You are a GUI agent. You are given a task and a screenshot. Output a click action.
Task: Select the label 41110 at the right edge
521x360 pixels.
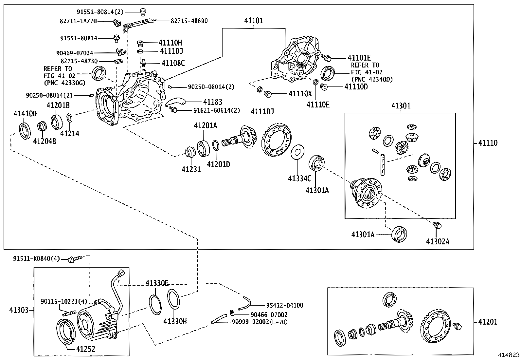(x=488, y=143)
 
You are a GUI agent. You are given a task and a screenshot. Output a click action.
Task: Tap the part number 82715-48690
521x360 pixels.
(x=189, y=21)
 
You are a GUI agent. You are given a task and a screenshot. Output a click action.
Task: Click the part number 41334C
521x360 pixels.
(x=299, y=178)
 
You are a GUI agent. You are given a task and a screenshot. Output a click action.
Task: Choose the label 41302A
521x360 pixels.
(x=438, y=241)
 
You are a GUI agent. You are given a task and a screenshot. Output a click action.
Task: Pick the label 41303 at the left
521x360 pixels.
(x=19, y=310)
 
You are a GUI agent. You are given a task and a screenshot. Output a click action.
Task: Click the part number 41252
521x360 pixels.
(x=85, y=349)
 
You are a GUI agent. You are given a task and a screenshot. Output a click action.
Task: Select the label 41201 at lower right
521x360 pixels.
(x=488, y=322)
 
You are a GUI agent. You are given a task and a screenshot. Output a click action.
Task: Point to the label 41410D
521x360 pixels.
(x=25, y=114)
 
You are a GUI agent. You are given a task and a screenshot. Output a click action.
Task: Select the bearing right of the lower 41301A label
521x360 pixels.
(x=399, y=234)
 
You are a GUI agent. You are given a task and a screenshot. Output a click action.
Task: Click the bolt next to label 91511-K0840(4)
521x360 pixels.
(x=72, y=259)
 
